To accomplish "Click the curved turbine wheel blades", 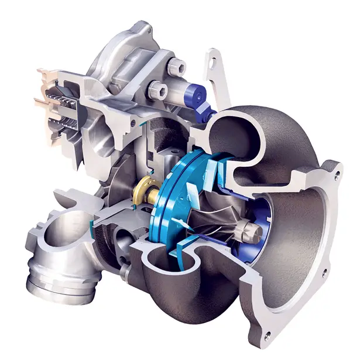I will (x=217, y=217).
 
